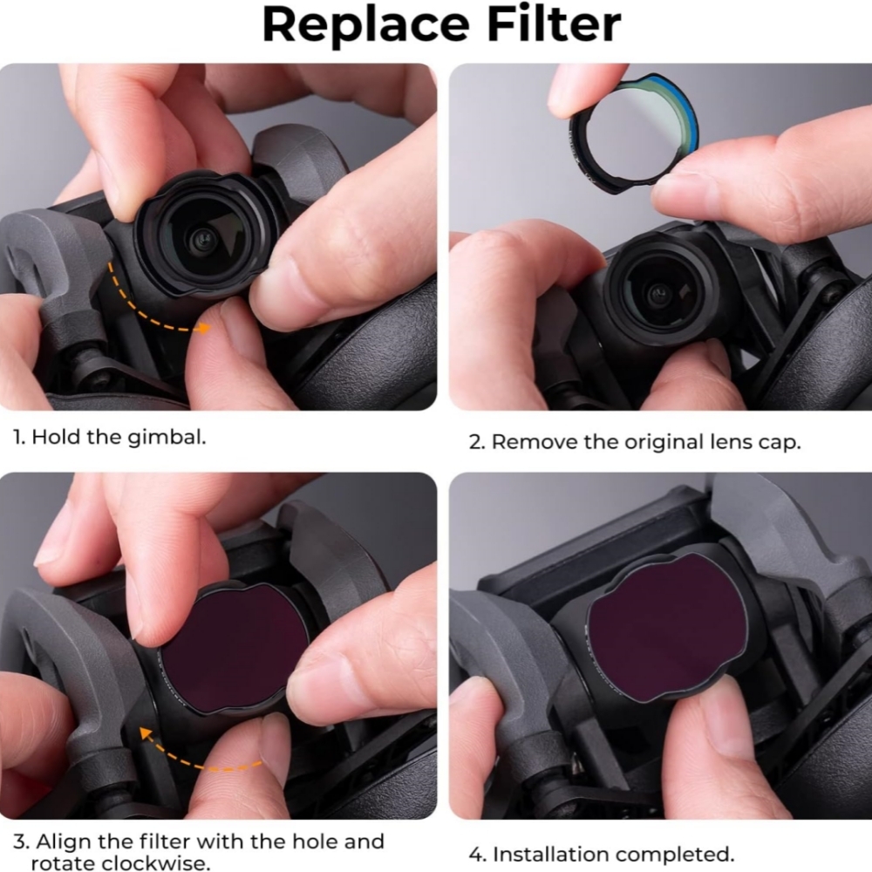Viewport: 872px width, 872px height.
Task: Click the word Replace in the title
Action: coord(366,25)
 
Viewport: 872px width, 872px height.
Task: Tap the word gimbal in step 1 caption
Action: coord(167,438)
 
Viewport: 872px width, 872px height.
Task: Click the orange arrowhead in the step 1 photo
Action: coord(204,328)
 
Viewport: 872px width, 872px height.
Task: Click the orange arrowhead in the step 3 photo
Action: coord(146,734)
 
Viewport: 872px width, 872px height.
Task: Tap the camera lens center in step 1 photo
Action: coord(204,239)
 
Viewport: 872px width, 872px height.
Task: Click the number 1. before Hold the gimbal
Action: coord(19,437)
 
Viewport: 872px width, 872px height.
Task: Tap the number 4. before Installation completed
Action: coord(478,855)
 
